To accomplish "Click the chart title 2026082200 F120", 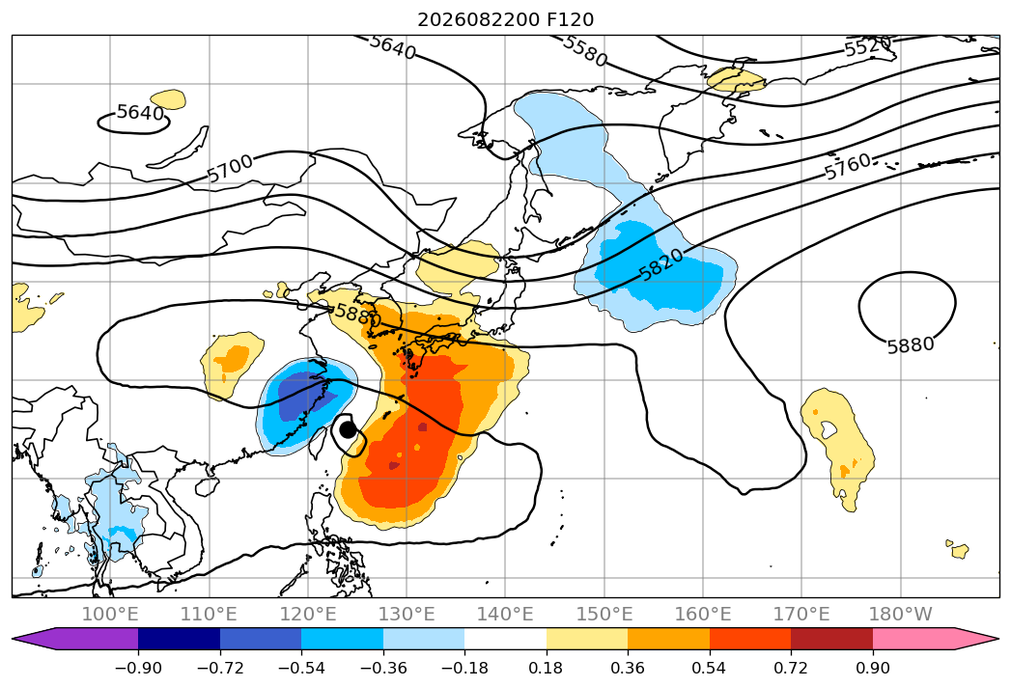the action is point(506,19).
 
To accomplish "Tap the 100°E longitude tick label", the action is point(110,614).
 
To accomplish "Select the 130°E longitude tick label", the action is point(407,614).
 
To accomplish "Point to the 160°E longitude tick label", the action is point(703,614).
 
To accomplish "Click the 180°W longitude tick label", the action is point(900,614).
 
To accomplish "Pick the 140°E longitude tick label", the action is point(505,614).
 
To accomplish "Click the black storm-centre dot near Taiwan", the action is point(348,429).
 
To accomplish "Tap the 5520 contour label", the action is point(868,46).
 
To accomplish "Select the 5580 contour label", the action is point(585,50).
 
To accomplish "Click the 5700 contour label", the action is point(230,168).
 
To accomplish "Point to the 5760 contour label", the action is point(848,166).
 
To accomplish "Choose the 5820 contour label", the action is point(660,264).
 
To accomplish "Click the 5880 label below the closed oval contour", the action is point(911,345).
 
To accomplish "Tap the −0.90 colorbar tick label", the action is point(138,668).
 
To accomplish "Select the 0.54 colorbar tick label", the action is point(709,668).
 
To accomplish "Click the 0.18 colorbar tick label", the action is point(546,668).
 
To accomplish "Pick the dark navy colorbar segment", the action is point(180,639).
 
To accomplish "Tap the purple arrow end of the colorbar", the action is point(74,639).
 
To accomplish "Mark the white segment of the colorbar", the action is point(506,639).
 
